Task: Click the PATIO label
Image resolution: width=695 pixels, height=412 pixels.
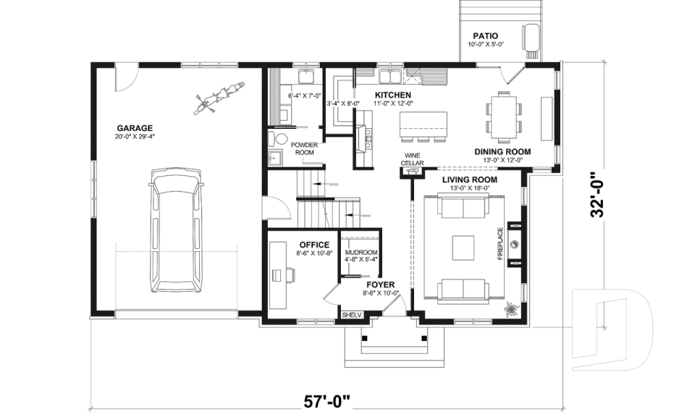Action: (485, 35)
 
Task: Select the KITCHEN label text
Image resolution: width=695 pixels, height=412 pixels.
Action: (393, 95)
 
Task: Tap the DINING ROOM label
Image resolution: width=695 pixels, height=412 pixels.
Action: (502, 152)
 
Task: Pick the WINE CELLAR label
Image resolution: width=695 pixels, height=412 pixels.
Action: (412, 159)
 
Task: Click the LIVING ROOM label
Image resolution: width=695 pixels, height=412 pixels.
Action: (469, 179)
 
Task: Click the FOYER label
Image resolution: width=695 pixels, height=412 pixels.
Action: (380, 285)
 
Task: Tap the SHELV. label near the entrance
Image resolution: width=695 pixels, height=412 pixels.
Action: (351, 315)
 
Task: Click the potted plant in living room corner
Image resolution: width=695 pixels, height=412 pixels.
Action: (511, 310)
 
